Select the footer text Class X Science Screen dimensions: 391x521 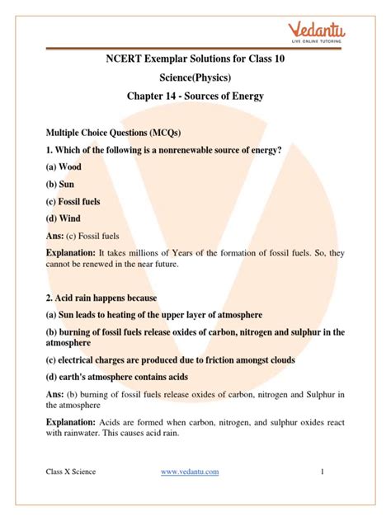[x=71, y=494]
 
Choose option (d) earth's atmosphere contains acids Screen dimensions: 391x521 [x=125, y=378]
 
